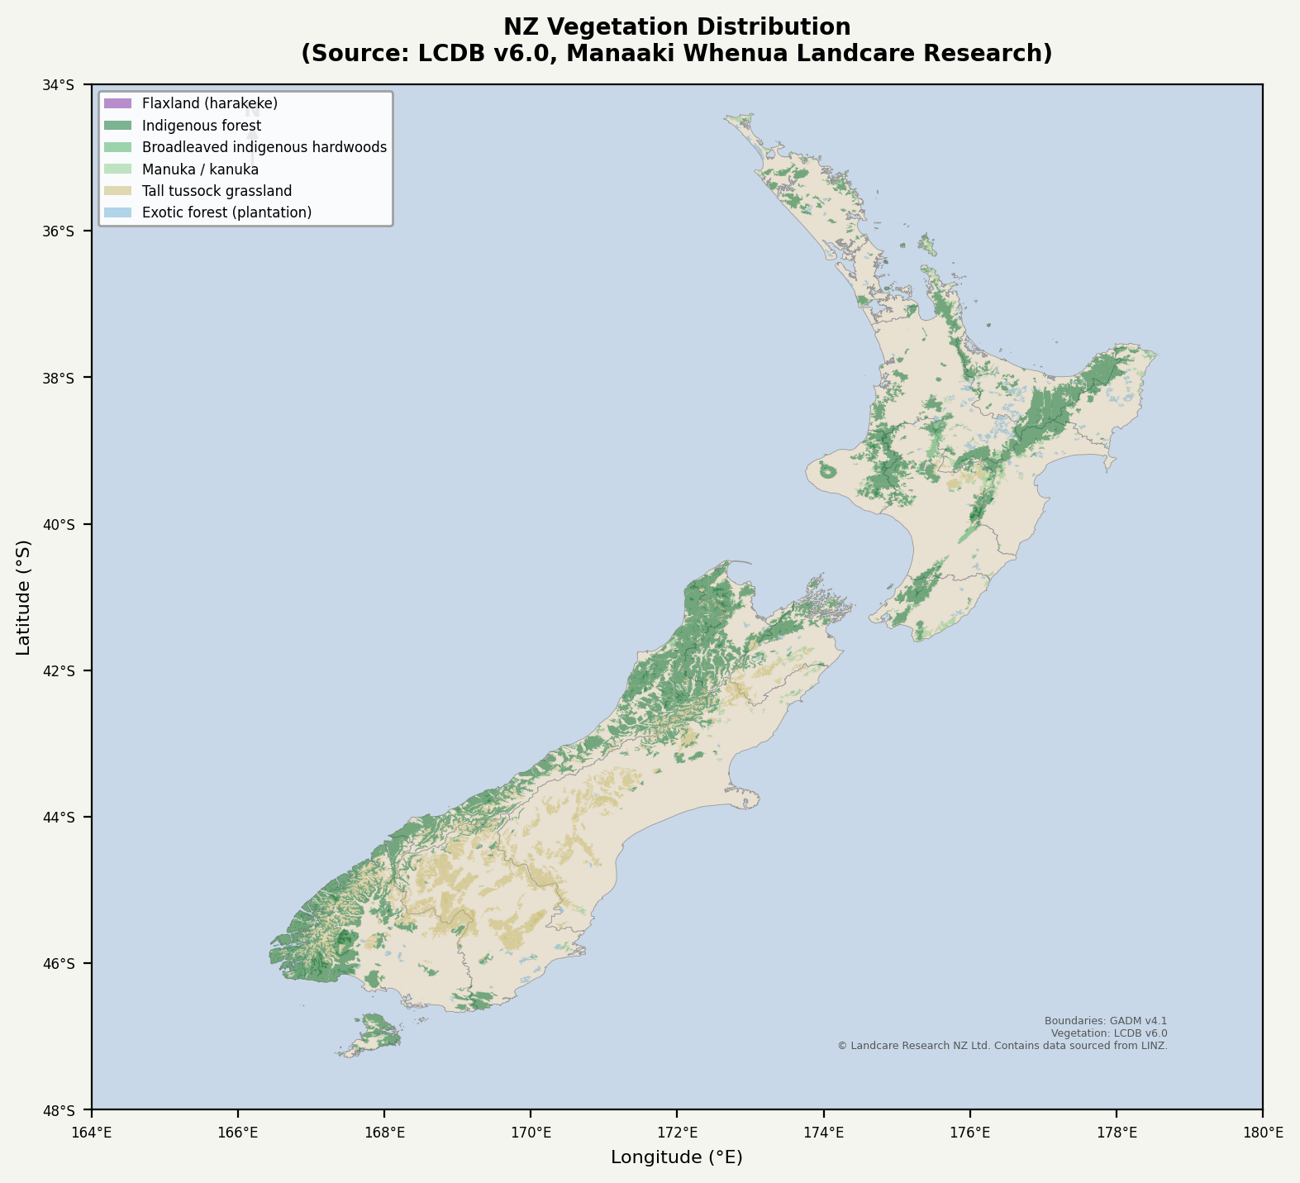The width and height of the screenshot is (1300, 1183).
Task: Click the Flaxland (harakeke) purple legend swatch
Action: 117,104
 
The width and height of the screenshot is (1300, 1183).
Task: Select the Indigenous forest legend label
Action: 202,126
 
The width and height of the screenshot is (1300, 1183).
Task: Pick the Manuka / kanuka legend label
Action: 200,169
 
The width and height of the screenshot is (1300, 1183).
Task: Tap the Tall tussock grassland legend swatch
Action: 117,191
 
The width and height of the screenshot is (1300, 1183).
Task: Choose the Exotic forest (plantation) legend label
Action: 226,212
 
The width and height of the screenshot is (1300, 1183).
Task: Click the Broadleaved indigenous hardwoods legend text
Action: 264,147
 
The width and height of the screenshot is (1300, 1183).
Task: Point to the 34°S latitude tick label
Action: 60,85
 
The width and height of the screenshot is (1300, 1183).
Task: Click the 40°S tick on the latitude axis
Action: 89,524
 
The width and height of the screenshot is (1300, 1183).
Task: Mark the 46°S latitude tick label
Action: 60,964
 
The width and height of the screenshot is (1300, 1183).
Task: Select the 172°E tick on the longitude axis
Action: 677,1112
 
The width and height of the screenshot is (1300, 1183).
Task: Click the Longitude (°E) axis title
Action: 677,1157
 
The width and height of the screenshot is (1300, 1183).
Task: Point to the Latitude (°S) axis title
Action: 24,597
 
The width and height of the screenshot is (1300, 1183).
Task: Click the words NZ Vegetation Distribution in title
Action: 677,27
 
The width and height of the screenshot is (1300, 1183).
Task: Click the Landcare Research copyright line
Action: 1002,1046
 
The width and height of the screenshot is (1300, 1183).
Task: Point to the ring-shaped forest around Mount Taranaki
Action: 828,471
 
